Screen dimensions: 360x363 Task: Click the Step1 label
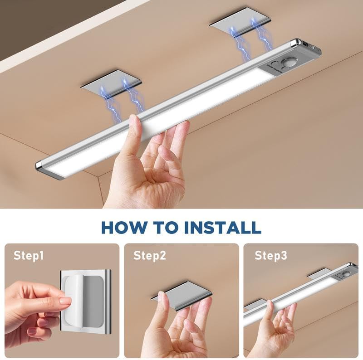28,256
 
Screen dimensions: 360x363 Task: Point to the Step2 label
149,256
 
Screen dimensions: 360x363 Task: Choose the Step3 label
270,256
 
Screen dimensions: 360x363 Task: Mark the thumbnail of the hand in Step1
64,301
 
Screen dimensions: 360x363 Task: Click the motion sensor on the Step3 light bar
347,274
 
